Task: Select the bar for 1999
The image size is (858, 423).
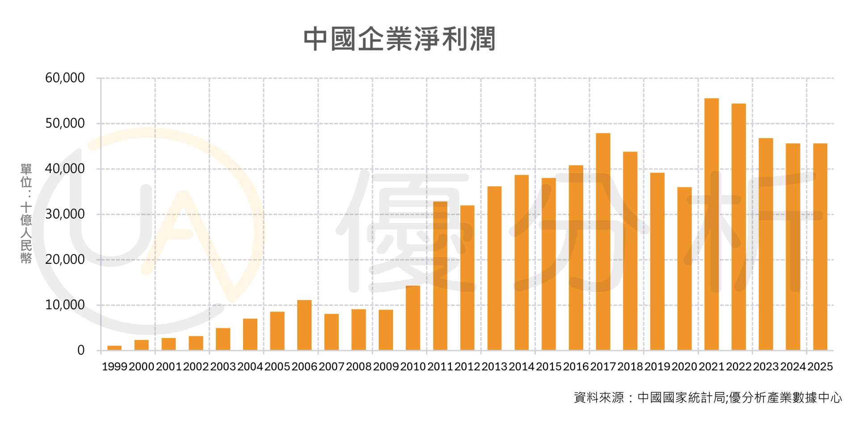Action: tap(114, 348)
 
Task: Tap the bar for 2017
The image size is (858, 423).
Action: tap(603, 241)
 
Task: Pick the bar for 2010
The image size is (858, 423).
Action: tap(413, 318)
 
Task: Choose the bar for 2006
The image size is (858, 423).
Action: tap(304, 325)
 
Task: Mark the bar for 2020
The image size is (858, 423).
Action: tap(684, 268)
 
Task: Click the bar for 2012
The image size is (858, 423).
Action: tap(467, 278)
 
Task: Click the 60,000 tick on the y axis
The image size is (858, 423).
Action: tap(65, 78)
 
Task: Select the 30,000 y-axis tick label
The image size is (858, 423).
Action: tap(65, 214)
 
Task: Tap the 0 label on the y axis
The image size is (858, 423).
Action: tap(81, 351)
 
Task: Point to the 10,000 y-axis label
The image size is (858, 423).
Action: tap(65, 305)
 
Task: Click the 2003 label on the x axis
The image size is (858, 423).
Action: tap(223, 367)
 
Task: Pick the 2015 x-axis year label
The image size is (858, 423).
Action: tap(549, 367)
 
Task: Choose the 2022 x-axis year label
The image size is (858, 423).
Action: tap(739, 367)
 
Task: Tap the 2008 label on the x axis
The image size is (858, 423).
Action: tap(359, 367)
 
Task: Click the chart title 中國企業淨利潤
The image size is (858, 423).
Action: tap(400, 39)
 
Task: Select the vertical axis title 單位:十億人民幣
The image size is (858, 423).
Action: tap(26, 213)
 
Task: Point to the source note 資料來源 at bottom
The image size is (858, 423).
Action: tap(708, 398)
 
